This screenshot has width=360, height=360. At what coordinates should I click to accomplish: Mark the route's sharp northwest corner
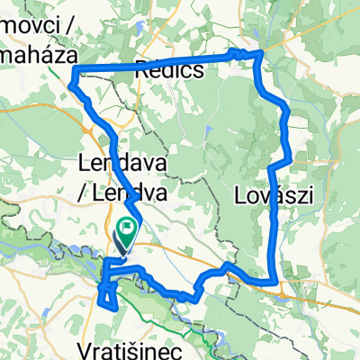pos(71,71)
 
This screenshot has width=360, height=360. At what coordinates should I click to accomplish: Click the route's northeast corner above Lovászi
pos(260,54)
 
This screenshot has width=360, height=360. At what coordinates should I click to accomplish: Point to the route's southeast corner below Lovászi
pos(273,283)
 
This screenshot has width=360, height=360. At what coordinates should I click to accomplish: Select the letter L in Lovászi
pos(240,194)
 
